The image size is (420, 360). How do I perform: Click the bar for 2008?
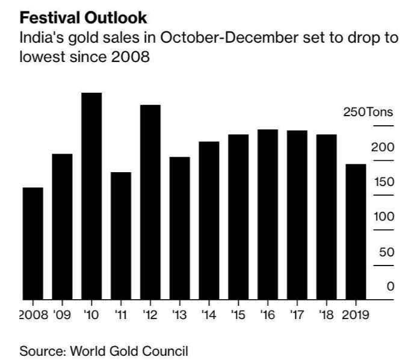click(32, 243)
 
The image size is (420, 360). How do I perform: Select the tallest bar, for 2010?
click(91, 196)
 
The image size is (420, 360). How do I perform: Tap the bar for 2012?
click(150, 202)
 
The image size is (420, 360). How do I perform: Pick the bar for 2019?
click(356, 231)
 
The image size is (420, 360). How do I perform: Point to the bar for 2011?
click(121, 235)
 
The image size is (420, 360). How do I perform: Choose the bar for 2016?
click(267, 214)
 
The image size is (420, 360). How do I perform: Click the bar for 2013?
click(179, 228)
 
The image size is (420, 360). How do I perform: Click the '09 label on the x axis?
click(62, 314)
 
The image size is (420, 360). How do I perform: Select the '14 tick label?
click(209, 314)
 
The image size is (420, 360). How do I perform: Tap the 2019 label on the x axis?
click(356, 314)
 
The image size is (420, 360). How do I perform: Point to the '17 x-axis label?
click(297, 314)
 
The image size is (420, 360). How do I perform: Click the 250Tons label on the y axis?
click(368, 112)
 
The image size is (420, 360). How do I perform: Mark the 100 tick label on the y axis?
click(383, 217)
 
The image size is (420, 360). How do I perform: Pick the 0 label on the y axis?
click(390, 287)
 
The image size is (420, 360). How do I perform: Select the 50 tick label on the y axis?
click(386, 252)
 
